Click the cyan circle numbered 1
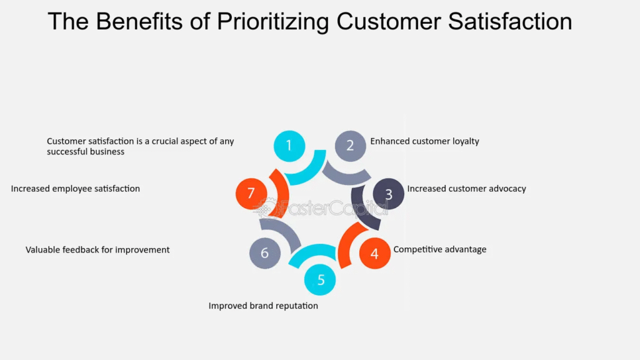[x=289, y=146]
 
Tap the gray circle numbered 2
[x=350, y=146]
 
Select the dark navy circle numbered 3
[x=389, y=194]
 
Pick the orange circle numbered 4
[x=375, y=254]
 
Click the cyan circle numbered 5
[x=320, y=279]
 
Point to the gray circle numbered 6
[x=265, y=253]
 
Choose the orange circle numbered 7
[x=251, y=194]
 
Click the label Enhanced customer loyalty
[x=424, y=141]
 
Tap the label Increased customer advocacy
[x=466, y=189]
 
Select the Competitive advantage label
[x=439, y=249]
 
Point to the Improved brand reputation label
[x=263, y=306]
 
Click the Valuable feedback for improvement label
[x=97, y=250]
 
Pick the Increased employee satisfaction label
[x=76, y=189]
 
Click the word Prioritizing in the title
[x=272, y=22]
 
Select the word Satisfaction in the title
[x=510, y=21]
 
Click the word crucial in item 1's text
[x=166, y=141]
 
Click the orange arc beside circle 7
[x=281, y=193]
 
